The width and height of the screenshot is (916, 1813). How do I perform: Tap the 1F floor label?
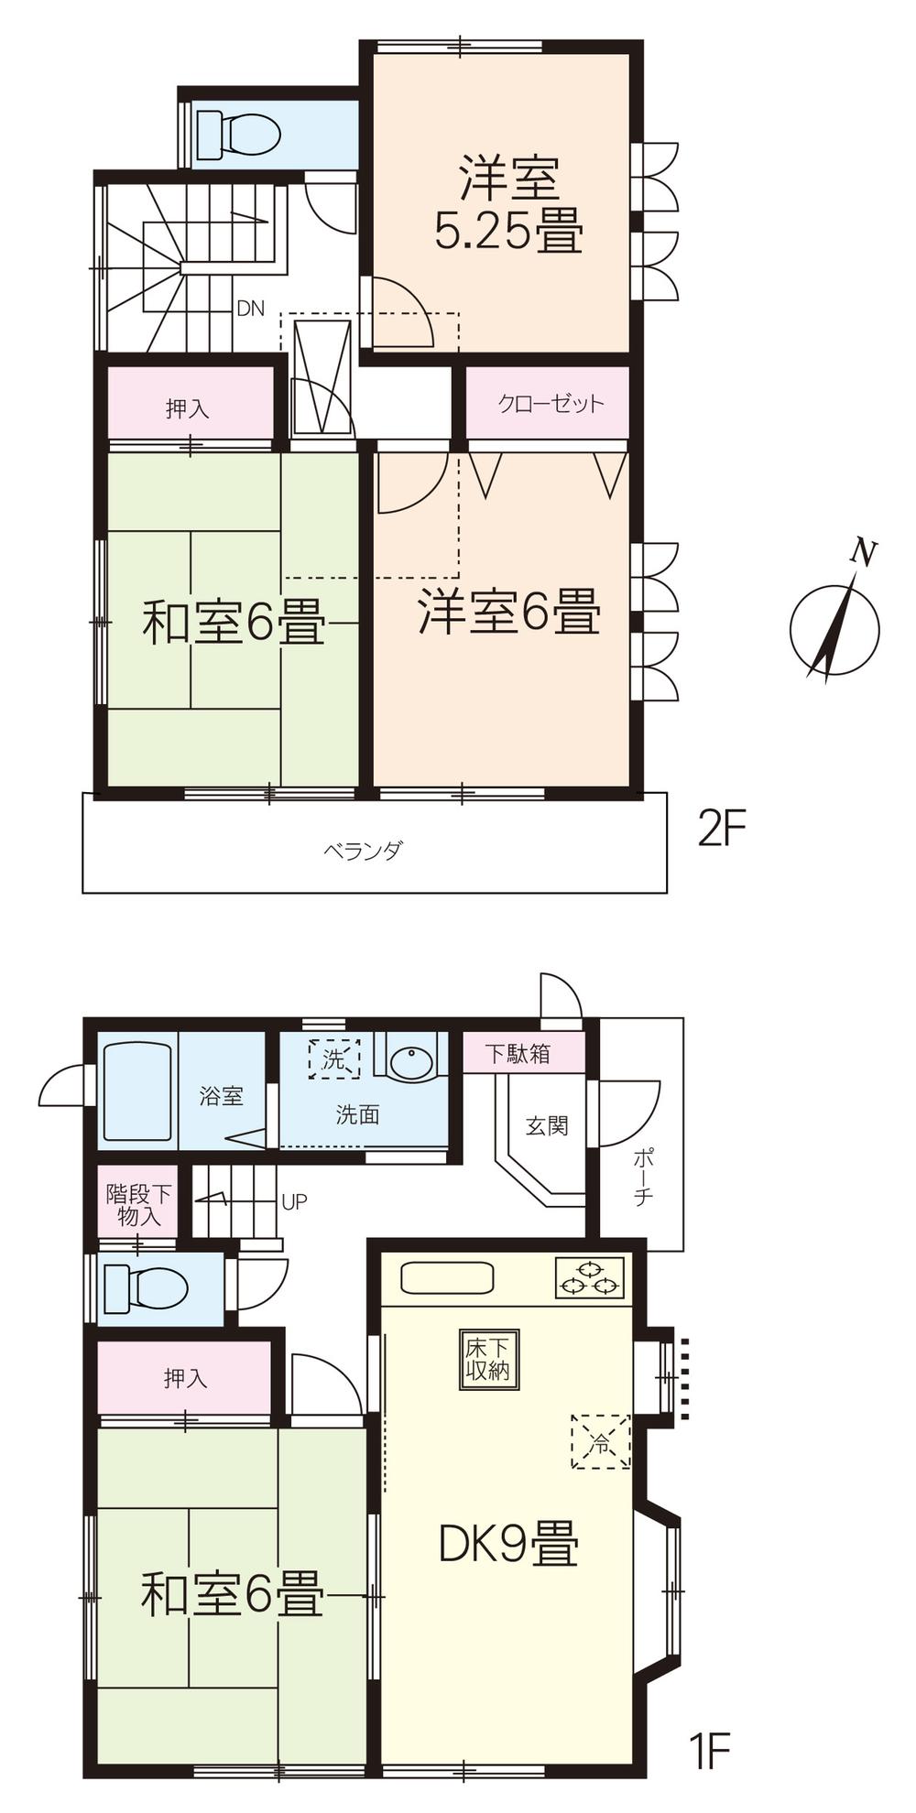[707, 1752]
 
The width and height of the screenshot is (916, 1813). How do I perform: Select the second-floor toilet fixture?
[237, 135]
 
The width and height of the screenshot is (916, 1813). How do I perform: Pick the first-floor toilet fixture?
[146, 1288]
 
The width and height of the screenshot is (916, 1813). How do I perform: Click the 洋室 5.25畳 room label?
[508, 205]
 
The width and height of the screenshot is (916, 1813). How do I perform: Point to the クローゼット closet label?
[551, 403]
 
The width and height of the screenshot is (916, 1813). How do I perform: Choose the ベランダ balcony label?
[363, 851]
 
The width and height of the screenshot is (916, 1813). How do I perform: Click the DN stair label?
[250, 309]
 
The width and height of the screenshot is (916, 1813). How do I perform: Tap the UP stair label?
[294, 1201]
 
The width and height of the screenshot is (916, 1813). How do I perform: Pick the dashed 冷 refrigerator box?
[601, 1441]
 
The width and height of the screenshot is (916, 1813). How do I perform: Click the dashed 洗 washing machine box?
[333, 1059]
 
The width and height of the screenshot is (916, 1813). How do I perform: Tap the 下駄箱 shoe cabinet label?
[518, 1053]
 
